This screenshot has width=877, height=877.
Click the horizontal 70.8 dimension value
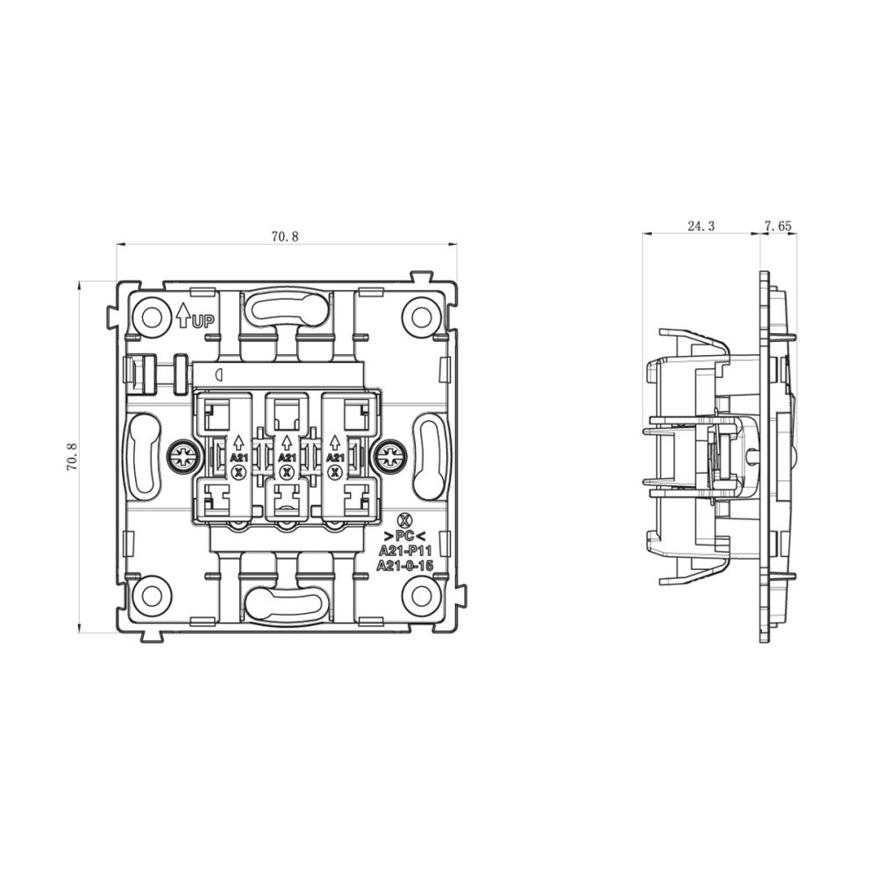[x=284, y=237]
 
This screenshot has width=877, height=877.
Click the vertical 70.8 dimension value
[x=73, y=457]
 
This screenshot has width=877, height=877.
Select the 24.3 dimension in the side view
[x=701, y=226]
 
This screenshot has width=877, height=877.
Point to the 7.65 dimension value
[x=778, y=226]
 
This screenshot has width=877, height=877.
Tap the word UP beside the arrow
[x=203, y=321]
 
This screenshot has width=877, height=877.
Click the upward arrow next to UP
[x=183, y=315]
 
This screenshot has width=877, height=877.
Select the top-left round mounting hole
[x=152, y=316]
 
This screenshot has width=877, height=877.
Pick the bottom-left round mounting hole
[x=152, y=595]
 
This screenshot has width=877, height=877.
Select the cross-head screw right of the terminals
[x=389, y=456]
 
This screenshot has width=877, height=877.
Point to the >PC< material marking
[x=404, y=536]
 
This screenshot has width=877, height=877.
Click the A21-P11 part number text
[x=404, y=551]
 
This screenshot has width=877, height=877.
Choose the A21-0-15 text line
[x=404, y=566]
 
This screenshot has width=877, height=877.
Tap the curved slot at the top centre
[x=287, y=309]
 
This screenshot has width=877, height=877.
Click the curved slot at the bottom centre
[x=287, y=603]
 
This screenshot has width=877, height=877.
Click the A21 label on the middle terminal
[x=287, y=458]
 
